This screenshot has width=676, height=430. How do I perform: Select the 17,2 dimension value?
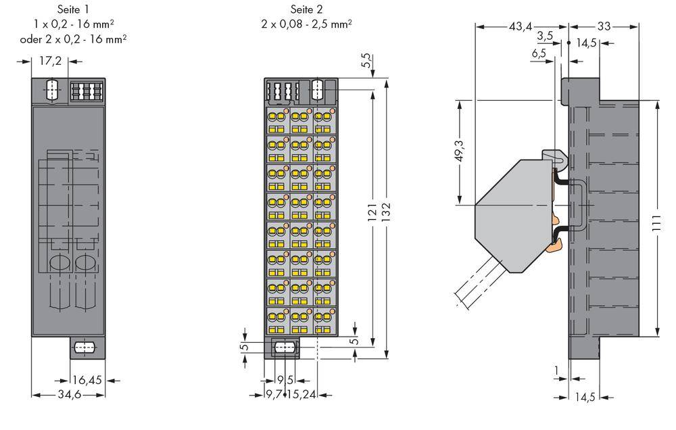coord(50,62)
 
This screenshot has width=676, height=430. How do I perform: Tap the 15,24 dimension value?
coord(301,394)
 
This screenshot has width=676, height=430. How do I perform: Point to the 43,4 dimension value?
coord(521,26)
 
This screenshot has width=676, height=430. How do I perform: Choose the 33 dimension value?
coord(604,26)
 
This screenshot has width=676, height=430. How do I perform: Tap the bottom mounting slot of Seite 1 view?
coord(82,349)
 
